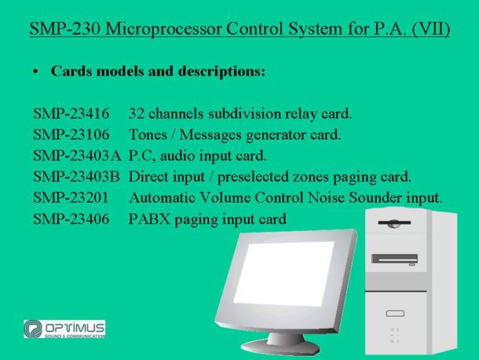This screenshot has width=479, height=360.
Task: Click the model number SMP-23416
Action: [71, 113]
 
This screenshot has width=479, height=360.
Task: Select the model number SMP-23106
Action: [71, 134]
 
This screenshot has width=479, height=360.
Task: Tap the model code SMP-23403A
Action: [77, 156]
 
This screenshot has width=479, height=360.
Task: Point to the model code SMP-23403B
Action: [76, 177]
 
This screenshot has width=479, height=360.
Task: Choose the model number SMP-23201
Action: [71, 197]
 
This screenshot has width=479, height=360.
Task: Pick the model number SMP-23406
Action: [71, 219]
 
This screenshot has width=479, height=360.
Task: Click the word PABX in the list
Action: [149, 219]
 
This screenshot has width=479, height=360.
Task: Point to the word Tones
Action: [148, 134]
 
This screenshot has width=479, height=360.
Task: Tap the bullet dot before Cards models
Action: [36, 72]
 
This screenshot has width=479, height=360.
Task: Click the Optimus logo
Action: [64, 329]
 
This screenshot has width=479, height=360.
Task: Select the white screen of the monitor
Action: [283, 274]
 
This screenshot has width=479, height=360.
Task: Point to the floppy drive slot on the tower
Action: [394, 223]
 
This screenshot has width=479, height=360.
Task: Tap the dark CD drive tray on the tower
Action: [395, 259]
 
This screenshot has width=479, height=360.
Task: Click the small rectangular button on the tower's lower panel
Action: [395, 313]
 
